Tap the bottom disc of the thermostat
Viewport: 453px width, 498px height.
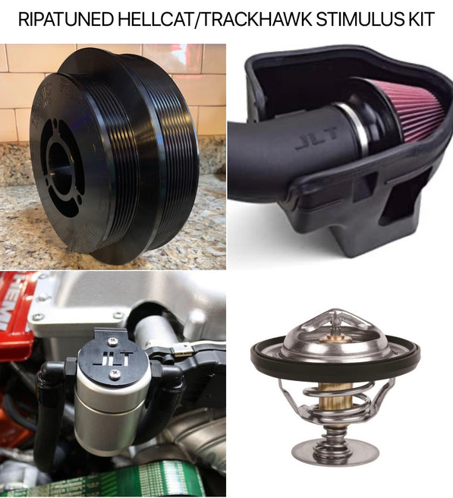(333, 455)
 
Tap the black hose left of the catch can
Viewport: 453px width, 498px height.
(47, 410)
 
